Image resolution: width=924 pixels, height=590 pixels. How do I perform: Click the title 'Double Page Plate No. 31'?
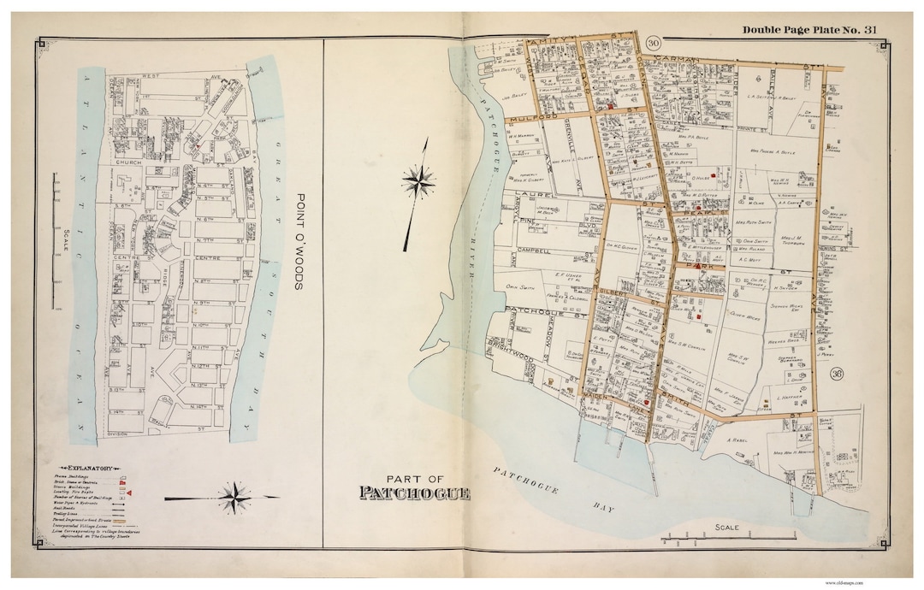[809, 30]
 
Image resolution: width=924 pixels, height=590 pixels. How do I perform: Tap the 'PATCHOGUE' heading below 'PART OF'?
[414, 493]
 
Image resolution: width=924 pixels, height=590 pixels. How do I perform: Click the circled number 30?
[654, 44]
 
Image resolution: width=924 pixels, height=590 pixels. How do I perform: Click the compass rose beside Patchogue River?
[418, 181]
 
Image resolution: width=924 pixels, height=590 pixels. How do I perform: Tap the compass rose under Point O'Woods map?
[233, 496]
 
